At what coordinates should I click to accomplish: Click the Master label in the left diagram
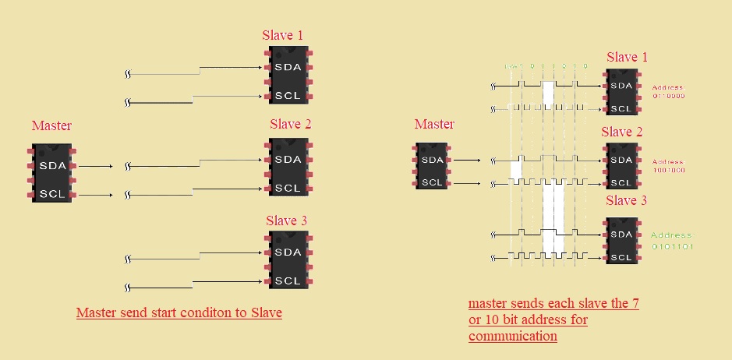pos(51,125)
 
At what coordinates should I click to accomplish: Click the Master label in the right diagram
pos(434,125)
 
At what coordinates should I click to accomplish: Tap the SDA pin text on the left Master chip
pos(51,166)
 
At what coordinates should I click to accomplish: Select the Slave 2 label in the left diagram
pos(291,125)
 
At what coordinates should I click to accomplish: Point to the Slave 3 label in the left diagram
pos(286,221)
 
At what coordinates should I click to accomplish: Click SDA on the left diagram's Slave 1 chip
pos(288,68)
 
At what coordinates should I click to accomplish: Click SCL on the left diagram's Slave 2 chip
pos(288,188)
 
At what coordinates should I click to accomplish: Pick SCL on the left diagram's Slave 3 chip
pos(288,281)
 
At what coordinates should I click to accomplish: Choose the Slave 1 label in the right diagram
pos(627,58)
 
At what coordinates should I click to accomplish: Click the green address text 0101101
pos(671,246)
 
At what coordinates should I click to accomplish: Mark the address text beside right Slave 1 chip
pos(668,92)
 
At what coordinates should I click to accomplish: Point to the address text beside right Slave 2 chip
pos(668,166)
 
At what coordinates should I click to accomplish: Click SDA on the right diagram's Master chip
pos(431,160)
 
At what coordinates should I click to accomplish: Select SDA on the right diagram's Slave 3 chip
pos(621,235)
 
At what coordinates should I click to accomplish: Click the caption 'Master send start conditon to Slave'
pos(179,313)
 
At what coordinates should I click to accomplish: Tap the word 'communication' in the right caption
pos(512,337)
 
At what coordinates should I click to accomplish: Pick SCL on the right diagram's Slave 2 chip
pos(621,183)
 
